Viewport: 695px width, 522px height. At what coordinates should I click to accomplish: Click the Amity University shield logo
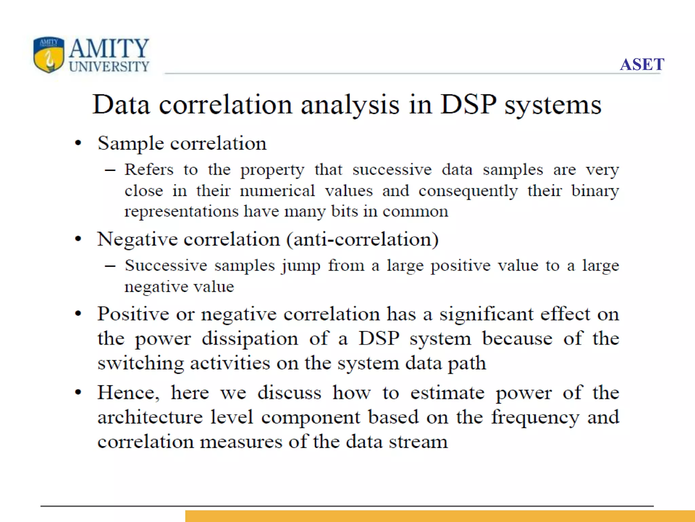pos(49,54)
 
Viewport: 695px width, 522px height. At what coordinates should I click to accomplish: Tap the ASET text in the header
pos(642,64)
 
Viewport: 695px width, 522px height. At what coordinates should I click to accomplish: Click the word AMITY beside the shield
pos(109,48)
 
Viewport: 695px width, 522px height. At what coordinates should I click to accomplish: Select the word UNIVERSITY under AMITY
pos(109,67)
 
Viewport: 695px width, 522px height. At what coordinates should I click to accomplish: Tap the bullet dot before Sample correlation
pos(78,143)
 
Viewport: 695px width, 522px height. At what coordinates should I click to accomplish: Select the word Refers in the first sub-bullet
pos(149,169)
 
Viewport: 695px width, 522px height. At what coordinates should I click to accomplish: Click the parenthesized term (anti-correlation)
pos(362,239)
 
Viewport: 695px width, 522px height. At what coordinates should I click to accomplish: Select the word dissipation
pos(250,339)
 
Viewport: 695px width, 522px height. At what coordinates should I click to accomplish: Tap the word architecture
pos(150,417)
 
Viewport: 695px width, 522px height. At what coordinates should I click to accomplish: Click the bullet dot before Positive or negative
pos(78,314)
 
